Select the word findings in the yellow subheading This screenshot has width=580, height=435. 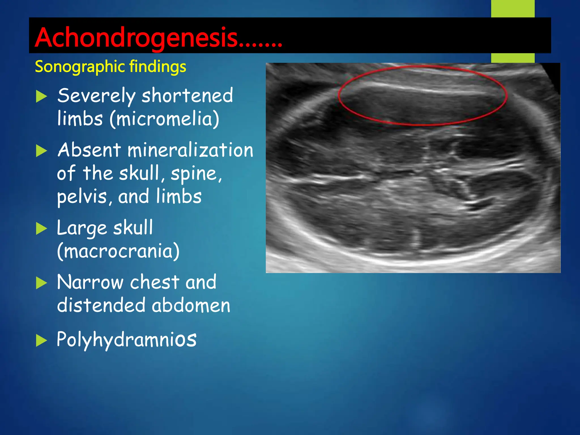click(157, 67)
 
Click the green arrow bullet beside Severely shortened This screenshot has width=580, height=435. click(41, 97)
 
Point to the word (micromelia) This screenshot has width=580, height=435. click(165, 119)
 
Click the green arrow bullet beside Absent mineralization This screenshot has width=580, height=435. click(41, 151)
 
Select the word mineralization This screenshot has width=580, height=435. click(190, 150)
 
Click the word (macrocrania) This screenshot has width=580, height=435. click(118, 251)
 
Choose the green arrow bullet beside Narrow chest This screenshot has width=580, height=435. click(41, 283)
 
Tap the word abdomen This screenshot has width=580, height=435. click(191, 306)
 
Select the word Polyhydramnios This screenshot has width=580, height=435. click(126, 340)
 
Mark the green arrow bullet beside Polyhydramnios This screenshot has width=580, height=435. click(41, 341)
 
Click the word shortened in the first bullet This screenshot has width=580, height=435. click(187, 96)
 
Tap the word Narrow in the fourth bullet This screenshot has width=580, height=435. click(90, 282)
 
